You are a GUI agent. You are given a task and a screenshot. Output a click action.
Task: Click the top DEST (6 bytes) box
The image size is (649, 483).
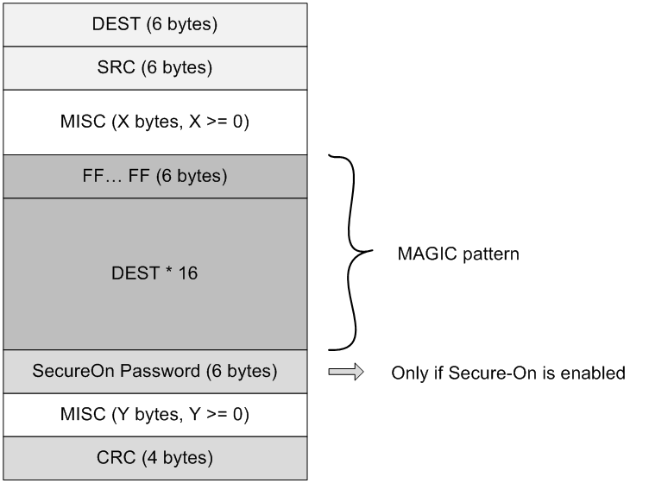(x=154, y=24)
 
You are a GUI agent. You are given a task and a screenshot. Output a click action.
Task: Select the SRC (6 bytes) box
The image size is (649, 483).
(x=154, y=67)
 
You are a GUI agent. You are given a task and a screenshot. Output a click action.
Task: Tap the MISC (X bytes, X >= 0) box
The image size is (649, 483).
(x=154, y=122)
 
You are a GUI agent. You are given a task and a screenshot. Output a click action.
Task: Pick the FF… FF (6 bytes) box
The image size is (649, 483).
(x=154, y=176)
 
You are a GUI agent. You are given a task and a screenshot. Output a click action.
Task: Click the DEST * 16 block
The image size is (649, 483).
(x=154, y=273)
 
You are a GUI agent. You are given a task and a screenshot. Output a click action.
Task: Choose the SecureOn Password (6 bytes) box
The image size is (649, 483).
(x=154, y=372)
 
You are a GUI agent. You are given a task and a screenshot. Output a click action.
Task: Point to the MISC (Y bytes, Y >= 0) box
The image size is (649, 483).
(x=154, y=415)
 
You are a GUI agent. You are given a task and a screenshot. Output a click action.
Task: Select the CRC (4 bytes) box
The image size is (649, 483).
(x=154, y=457)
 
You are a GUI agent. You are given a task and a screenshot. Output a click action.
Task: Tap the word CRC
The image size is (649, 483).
(x=113, y=457)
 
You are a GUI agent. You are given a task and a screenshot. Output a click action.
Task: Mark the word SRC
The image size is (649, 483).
(x=115, y=67)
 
